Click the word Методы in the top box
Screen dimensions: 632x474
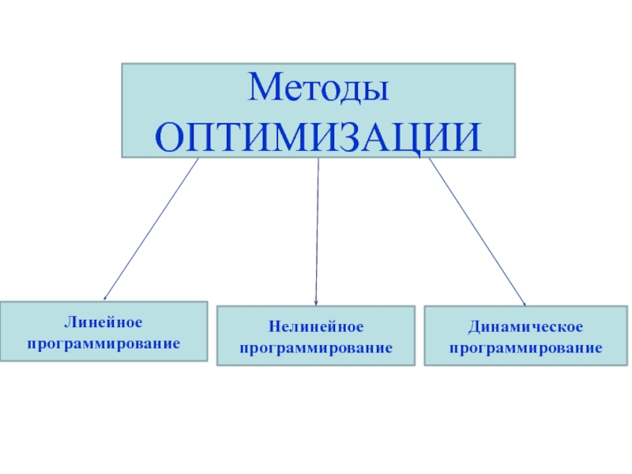[x=318, y=88]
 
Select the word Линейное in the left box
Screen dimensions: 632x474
[x=103, y=324]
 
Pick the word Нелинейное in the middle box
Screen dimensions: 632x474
[x=315, y=327]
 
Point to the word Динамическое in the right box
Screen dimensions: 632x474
[x=525, y=327]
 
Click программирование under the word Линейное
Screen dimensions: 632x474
[x=103, y=344]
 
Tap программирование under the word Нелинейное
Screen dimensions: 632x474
[x=316, y=348]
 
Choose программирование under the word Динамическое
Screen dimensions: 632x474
[x=525, y=348]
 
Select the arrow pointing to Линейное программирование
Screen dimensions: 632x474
[x=150, y=229]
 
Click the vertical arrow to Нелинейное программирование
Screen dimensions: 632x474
[x=317, y=229]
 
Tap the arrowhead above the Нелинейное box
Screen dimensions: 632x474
[x=316, y=301]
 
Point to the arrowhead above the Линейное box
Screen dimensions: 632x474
[x=106, y=296]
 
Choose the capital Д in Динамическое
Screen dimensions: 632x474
[x=472, y=327]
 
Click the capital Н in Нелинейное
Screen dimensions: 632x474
[x=273, y=327]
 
